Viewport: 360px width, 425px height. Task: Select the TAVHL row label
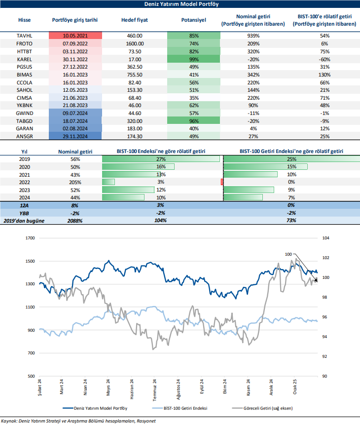click(24, 36)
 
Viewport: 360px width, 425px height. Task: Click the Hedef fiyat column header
click(134, 20)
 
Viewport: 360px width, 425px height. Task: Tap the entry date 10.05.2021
click(75, 36)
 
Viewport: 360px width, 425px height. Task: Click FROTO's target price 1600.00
click(134, 43)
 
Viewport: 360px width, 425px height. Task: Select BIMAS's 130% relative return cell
click(324, 74)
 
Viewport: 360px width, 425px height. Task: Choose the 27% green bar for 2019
click(160, 159)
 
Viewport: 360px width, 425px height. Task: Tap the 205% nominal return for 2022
click(75, 182)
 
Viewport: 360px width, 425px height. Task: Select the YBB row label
click(24, 213)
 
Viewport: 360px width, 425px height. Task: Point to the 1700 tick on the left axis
click(31, 238)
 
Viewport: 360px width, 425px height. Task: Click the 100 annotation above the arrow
click(288, 254)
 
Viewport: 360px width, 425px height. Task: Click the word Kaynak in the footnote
click(9, 421)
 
